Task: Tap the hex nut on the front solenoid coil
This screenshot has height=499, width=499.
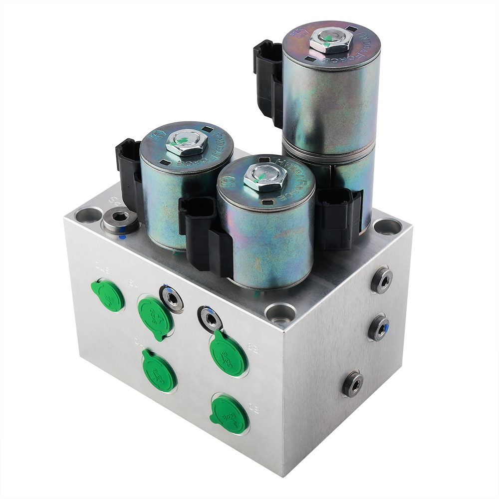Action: coord(264,176)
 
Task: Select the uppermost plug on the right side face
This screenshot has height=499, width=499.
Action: coord(382,280)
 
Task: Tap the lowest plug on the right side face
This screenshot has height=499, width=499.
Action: coord(353,384)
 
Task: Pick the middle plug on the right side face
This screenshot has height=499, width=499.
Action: coord(379,327)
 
